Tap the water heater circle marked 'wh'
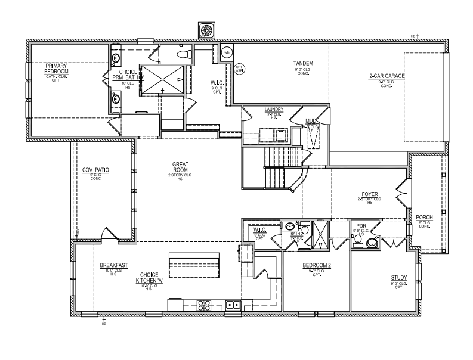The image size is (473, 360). coord(226,52)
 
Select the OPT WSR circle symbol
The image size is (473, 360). coord(239,68)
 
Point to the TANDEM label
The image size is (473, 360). coord(303,63)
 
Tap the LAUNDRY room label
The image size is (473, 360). coord(274,110)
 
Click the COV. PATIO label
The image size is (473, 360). coord(95,170)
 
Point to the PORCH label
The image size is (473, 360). coord(424,217)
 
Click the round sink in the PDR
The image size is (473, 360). coord(372,242)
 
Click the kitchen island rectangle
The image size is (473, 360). coord(194,262)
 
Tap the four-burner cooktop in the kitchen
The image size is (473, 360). coord(204,305)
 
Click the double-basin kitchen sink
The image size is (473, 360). coord(233,305)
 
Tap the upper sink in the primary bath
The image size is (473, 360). coord(115,58)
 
